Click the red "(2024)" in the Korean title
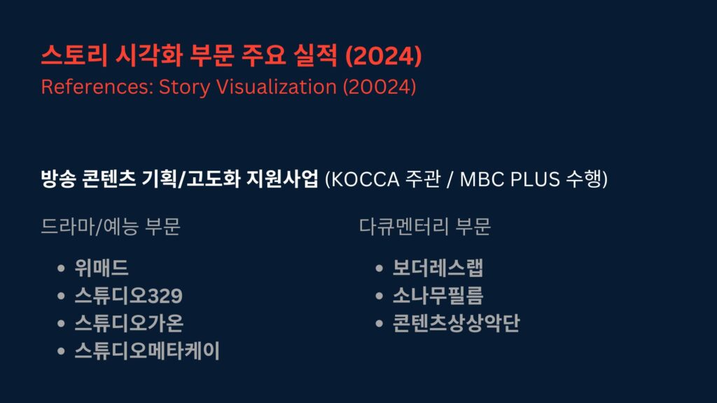383,56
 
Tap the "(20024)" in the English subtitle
380,87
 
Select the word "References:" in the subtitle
97,87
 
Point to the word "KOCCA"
365,179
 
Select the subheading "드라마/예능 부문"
111,227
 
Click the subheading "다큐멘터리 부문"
425,227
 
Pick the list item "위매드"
102,268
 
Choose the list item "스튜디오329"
129,296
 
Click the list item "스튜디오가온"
129,323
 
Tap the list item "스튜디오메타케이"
147,351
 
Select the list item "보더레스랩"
438,268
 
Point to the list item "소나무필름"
438,296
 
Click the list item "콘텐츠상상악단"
457,323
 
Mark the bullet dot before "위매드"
62,268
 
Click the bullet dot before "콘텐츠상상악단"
379,324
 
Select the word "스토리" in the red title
74,55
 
